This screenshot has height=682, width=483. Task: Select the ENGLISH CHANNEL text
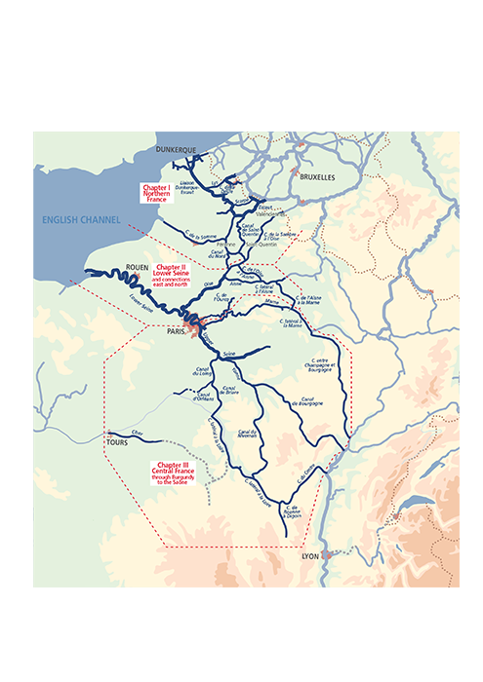81,220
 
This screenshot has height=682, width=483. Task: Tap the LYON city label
310,555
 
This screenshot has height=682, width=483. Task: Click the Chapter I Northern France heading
156,191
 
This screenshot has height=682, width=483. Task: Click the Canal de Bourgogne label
306,401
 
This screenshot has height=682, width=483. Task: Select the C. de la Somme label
200,237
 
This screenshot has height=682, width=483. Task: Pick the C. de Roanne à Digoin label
291,511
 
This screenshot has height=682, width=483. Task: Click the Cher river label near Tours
136,431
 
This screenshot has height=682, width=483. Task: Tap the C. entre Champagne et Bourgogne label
321,367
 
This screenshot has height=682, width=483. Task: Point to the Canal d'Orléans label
204,395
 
